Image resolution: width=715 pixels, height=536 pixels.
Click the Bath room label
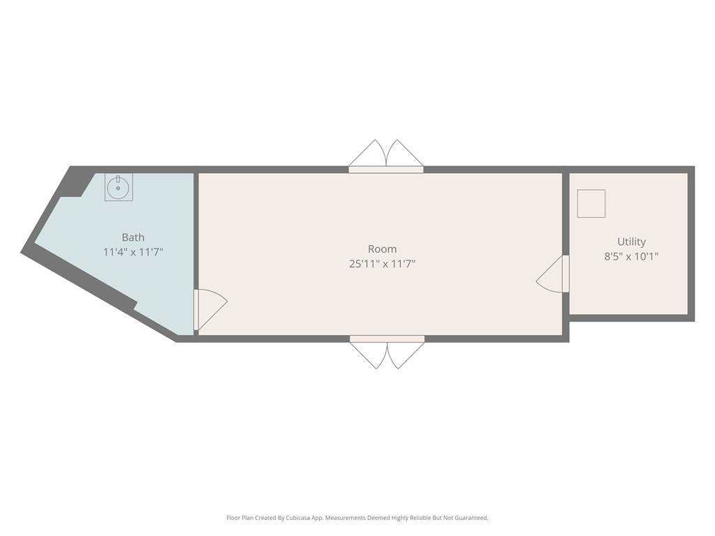coord(133,237)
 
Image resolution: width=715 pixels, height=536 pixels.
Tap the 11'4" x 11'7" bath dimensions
coord(133,252)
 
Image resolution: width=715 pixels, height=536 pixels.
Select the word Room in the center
coord(382,249)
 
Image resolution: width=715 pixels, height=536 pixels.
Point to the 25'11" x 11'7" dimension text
coord(382,264)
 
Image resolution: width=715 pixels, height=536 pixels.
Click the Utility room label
coord(631,241)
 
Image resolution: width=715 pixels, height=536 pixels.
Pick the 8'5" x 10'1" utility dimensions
coord(631,257)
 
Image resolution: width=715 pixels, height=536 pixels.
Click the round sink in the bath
coord(118,188)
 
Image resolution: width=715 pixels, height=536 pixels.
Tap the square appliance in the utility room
coord(591,204)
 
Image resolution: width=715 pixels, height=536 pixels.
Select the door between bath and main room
coord(210,309)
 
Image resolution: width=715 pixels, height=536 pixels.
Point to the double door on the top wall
coord(386,156)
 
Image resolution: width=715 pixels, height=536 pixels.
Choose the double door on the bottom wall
coord(387,352)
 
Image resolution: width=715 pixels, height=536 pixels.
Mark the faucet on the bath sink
coord(118,179)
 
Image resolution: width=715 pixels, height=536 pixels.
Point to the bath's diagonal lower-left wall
coord(98,296)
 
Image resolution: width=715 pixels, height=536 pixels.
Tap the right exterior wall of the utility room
coord(691,244)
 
